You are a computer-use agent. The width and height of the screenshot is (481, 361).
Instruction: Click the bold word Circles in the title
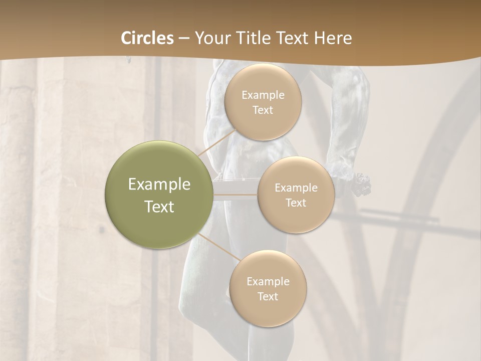(x=147, y=38)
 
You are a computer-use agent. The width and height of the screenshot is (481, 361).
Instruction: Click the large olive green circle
(x=158, y=195)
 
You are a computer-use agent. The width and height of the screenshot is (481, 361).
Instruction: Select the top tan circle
(x=263, y=102)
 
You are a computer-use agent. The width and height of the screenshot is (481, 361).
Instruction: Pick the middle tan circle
(x=296, y=195)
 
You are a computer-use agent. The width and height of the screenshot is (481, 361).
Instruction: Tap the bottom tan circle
(x=268, y=288)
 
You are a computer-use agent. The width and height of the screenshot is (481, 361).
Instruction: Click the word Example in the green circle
(x=159, y=185)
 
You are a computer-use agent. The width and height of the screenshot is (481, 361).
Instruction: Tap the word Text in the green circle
(x=159, y=207)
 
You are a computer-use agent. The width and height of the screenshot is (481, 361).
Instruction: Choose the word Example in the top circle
(x=263, y=95)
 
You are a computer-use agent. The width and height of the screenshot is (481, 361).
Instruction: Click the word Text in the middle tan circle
(x=296, y=203)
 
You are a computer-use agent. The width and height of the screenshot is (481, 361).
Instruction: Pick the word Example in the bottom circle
(x=268, y=282)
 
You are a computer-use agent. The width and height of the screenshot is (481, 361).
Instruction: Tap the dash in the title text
(x=184, y=39)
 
